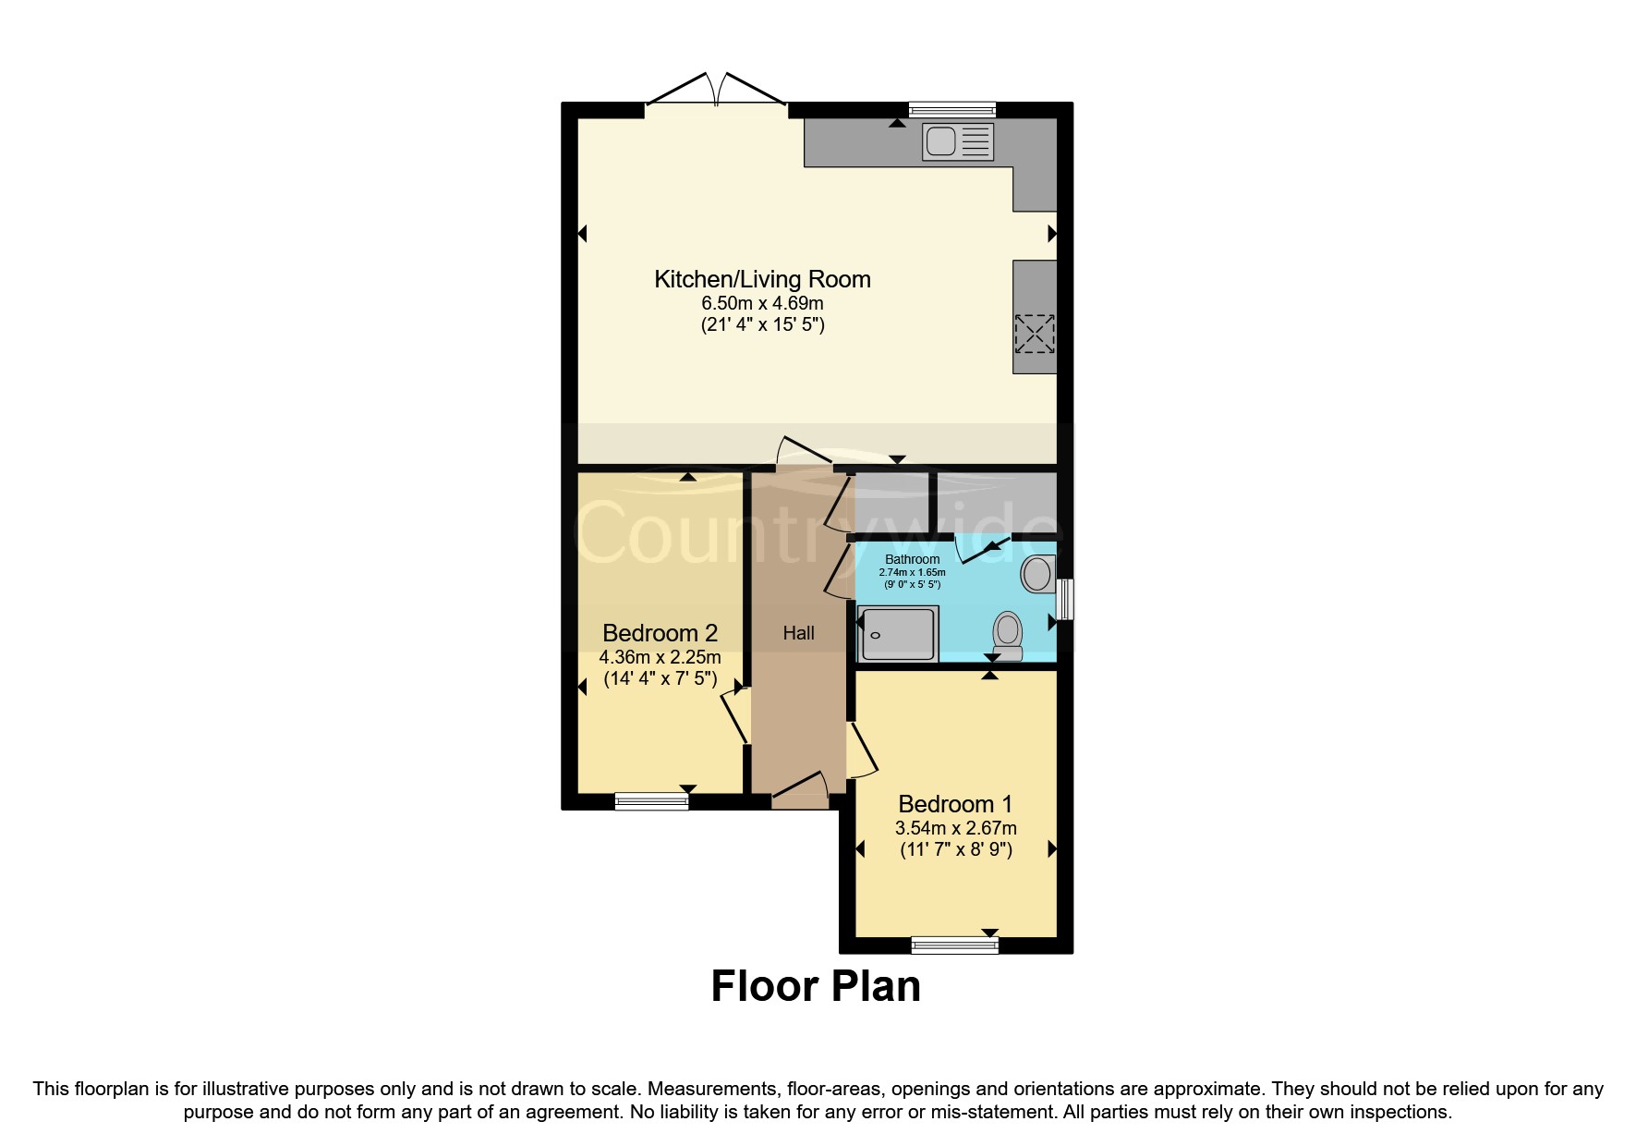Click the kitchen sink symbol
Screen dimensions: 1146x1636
958,142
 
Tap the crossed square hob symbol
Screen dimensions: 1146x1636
1034,334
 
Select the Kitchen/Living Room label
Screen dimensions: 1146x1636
762,279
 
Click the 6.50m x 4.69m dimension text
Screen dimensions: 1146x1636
762,303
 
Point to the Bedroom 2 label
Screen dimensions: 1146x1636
660,633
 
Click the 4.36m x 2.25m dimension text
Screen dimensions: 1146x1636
660,657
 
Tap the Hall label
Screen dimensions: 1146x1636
798,633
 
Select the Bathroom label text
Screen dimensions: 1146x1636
912,559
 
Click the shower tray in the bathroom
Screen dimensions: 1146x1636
898,634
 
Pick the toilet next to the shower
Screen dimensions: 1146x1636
1008,635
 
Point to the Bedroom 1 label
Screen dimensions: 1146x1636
955,804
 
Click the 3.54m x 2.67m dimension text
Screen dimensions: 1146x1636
955,828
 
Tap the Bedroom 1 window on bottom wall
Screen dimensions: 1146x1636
954,945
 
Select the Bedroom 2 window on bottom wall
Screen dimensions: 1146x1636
651,801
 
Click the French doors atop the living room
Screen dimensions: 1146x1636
716,92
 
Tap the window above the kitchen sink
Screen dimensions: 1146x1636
951,109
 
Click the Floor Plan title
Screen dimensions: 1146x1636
816,986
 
